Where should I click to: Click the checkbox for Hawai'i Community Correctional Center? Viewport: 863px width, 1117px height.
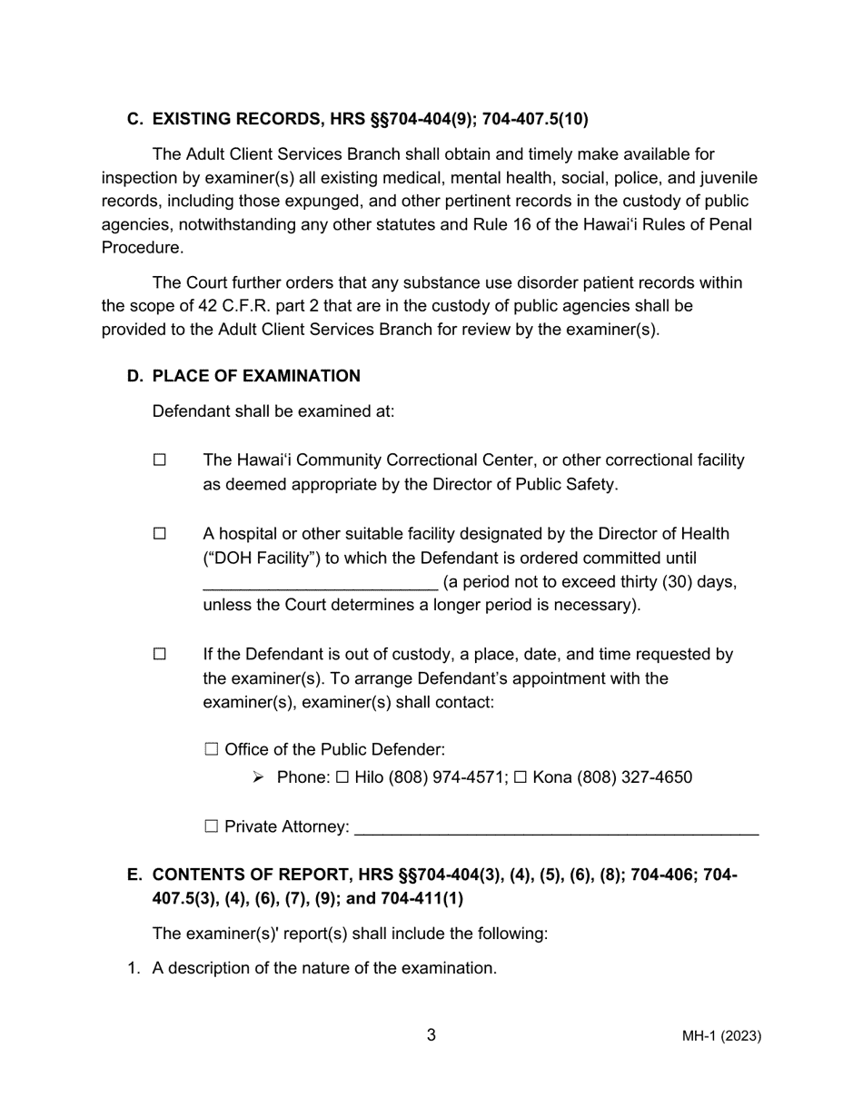tap(160, 460)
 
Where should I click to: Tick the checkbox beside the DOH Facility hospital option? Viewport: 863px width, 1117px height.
tap(160, 534)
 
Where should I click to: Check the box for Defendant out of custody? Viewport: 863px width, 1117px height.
tap(160, 654)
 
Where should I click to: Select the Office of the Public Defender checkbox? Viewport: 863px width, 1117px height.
tap(212, 749)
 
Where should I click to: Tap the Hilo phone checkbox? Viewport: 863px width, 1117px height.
tap(342, 777)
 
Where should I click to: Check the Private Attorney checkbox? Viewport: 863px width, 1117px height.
tap(212, 826)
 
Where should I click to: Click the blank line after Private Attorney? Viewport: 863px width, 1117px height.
tap(556, 828)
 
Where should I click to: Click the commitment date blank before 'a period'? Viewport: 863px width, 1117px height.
tap(320, 583)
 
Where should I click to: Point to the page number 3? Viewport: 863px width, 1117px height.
tap(431, 1035)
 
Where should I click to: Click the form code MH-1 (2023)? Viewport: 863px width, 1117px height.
tap(722, 1036)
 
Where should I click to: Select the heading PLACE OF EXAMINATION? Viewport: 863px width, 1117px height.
tap(256, 376)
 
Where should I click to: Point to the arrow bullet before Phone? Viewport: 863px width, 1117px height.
tap(258, 777)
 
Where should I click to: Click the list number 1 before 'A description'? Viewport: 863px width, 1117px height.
tap(133, 968)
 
